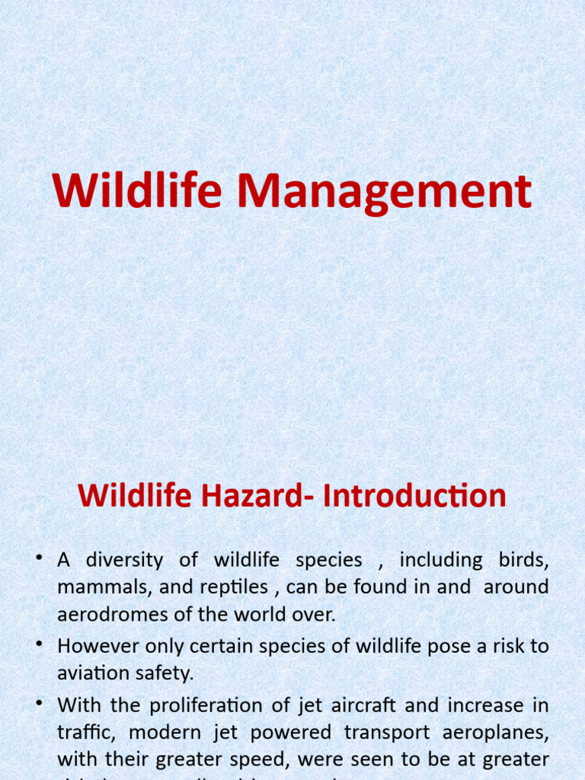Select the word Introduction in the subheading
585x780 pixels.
point(414,496)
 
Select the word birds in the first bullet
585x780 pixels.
point(523,561)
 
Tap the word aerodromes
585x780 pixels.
point(110,614)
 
